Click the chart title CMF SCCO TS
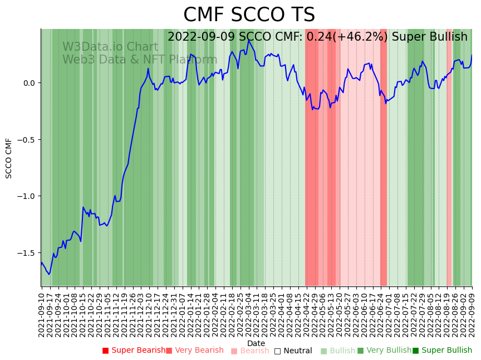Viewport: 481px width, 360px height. (x=249, y=15)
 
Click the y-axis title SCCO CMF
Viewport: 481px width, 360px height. (x=9, y=158)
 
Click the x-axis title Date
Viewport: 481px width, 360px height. (x=256, y=343)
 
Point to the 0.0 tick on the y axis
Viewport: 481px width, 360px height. (x=28, y=83)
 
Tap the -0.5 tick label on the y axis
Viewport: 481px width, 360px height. (x=26, y=140)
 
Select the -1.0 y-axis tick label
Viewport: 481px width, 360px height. (x=26, y=196)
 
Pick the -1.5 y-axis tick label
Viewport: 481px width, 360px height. (x=26, y=253)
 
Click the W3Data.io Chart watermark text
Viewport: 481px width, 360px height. (x=110, y=47)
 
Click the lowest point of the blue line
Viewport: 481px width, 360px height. (x=49, y=274)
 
